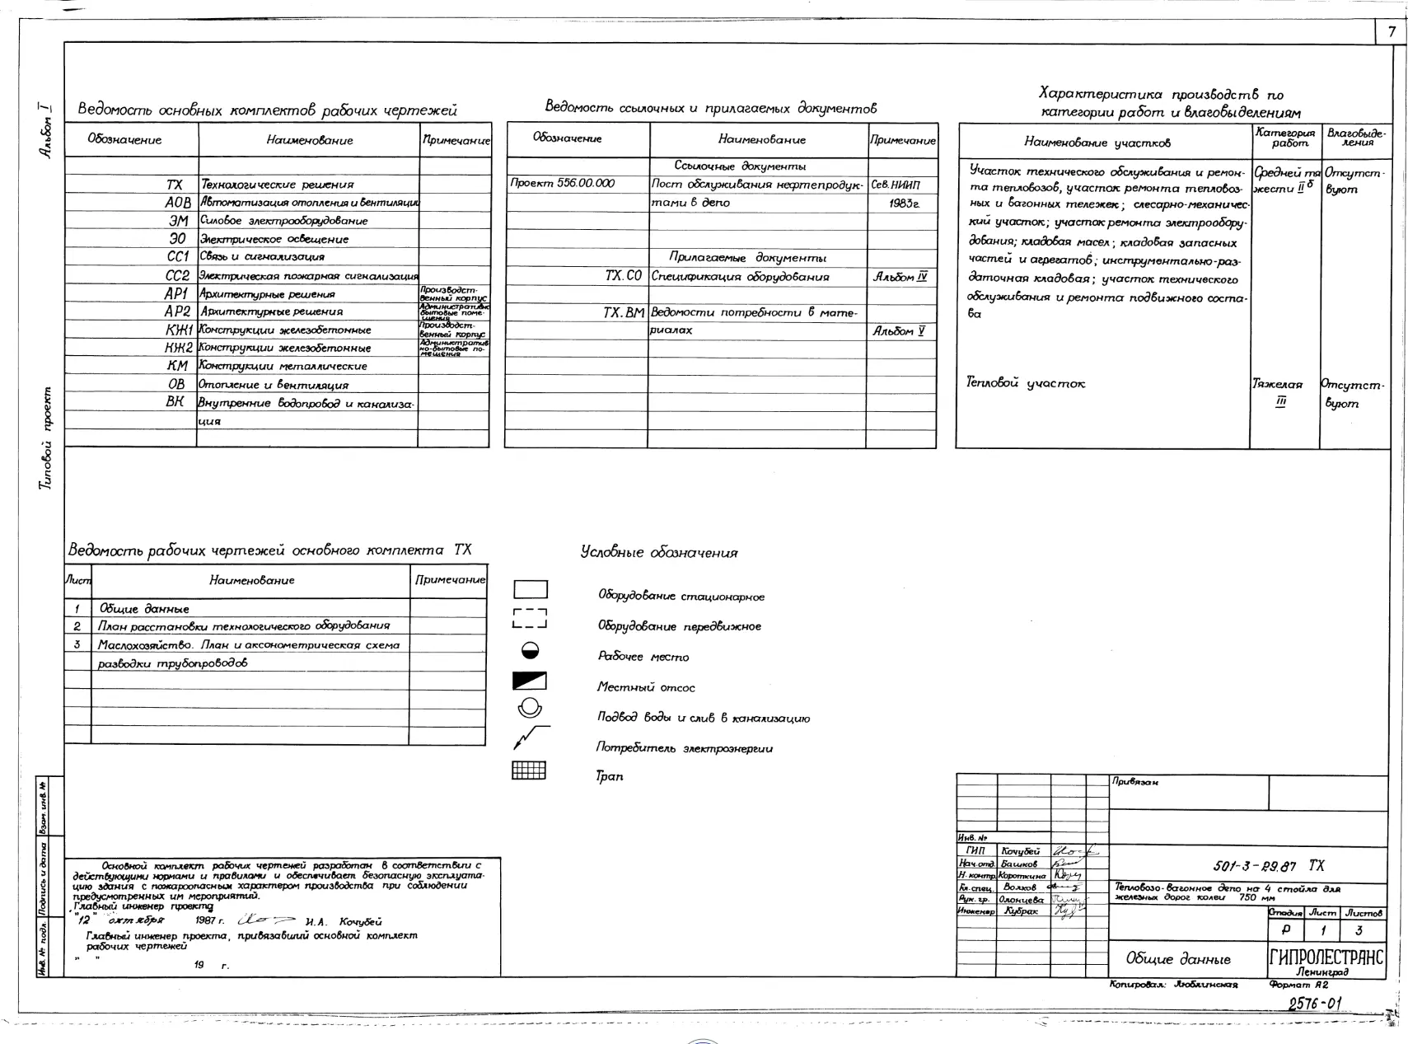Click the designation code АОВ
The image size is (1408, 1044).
point(177,203)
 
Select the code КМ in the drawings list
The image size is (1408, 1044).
point(177,366)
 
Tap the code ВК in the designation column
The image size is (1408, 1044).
point(175,402)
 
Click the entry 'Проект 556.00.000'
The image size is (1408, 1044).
point(563,184)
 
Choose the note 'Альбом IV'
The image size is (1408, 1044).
point(900,277)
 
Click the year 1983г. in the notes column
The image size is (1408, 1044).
point(904,203)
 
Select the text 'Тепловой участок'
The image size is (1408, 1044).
point(1025,383)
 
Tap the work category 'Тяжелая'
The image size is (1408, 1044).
point(1277,384)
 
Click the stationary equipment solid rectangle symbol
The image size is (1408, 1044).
point(530,590)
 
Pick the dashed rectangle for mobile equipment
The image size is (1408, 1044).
point(529,619)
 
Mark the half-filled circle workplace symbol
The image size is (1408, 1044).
point(530,651)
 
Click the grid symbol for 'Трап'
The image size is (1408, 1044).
point(529,770)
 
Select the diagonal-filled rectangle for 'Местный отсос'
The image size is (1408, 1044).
point(529,681)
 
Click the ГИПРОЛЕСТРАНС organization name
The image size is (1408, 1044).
point(1326,957)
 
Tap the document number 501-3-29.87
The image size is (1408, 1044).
point(1255,866)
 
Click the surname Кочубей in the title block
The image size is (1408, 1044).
point(1020,851)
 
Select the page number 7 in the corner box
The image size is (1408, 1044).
point(1392,32)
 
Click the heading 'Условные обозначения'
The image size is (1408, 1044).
point(659,553)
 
